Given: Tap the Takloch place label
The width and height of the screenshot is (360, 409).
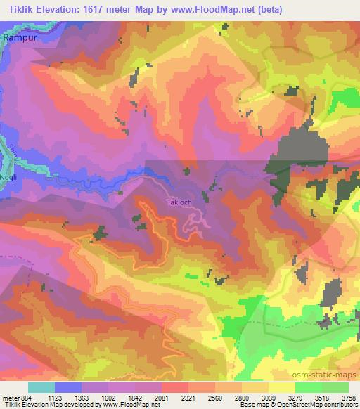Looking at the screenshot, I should tap(179, 203).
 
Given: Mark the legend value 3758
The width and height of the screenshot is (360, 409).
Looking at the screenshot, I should tap(349, 397).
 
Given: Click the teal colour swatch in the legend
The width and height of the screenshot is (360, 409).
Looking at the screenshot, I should tap(41, 387).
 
